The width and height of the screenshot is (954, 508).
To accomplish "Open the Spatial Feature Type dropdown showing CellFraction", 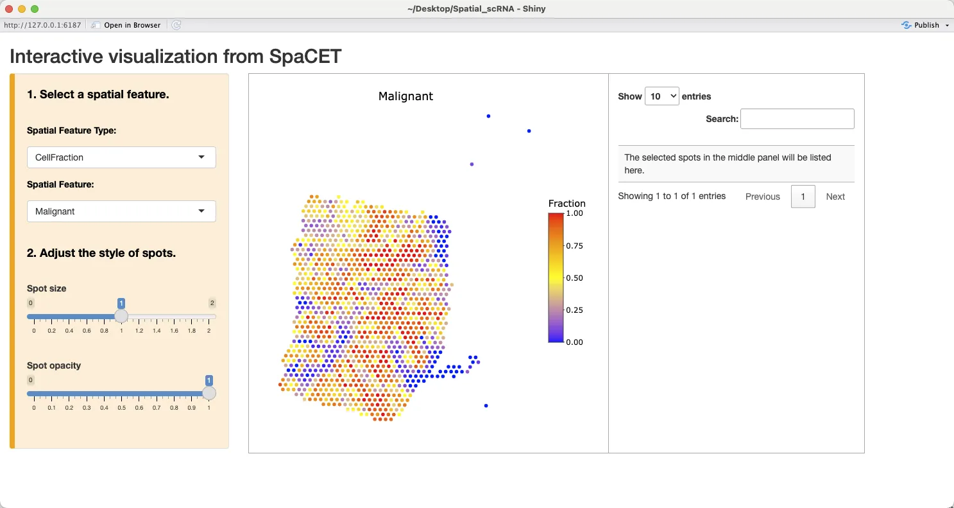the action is coord(121,157).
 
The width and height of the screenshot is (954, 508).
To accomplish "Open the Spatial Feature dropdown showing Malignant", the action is coord(121,211).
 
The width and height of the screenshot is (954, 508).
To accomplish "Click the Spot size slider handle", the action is coord(121,316).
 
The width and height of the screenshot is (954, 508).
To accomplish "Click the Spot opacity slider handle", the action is coord(209,393).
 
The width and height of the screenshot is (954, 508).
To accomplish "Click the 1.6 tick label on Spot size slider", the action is coord(175,331).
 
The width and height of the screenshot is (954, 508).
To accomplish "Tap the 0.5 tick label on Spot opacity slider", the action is coord(121,408).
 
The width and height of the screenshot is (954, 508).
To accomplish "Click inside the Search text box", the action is coord(797,119).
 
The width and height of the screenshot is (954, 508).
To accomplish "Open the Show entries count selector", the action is coord(662,96).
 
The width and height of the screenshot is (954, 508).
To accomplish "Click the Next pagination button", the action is coord(835,197).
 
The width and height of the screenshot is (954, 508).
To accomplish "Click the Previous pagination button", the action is coord(762,197).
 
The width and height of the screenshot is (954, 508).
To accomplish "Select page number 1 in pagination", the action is coord(803,197).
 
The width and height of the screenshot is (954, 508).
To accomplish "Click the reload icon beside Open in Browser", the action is coord(176,25).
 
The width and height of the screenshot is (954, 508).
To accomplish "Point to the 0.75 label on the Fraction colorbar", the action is coord(574,246).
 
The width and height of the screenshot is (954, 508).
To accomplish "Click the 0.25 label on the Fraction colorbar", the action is coord(574,310).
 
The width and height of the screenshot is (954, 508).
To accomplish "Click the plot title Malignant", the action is coord(405,96).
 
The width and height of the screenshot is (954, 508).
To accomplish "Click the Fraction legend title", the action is coord(567,204).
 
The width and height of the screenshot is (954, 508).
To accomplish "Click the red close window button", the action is coord(9,9).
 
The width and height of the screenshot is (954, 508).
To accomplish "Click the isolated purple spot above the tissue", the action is coord(472,164).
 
